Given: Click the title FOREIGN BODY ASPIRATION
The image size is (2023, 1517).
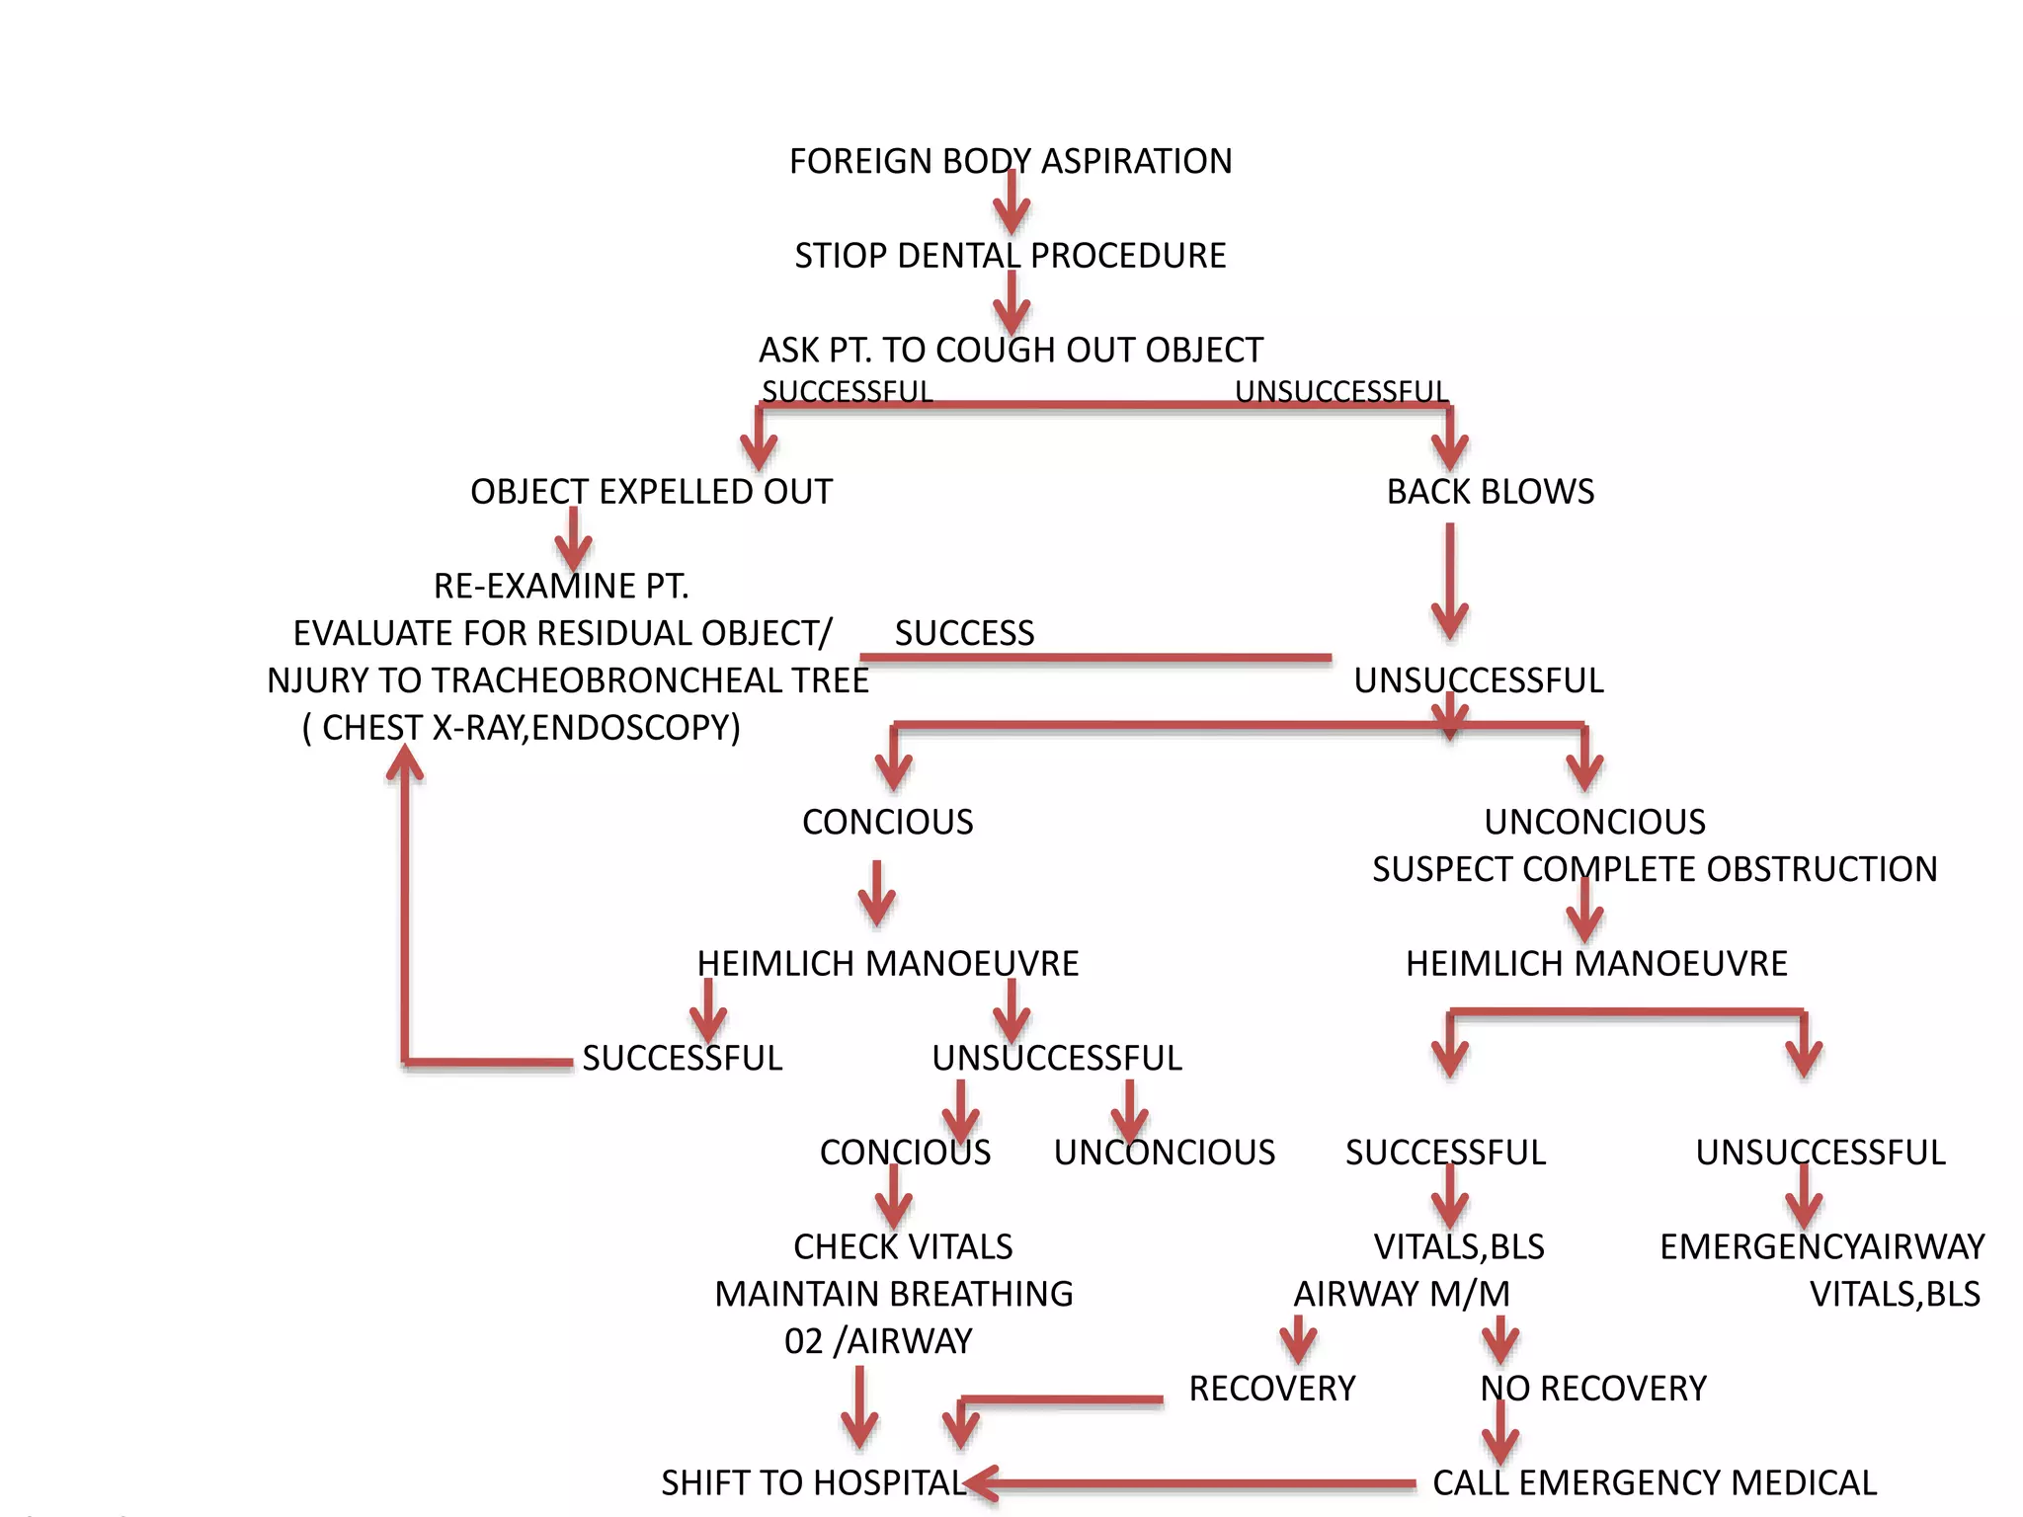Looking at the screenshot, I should pos(1010,161).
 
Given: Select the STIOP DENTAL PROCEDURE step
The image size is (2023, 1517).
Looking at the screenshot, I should pos(1010,256).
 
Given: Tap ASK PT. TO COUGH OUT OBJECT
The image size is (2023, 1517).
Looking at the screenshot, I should pos(1010,350).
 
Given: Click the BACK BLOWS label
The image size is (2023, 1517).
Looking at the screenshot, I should pos(1490,491).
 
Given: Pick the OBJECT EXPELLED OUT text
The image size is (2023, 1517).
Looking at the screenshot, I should pos(651,491).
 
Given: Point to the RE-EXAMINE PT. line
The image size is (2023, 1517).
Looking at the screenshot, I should pos(561,586).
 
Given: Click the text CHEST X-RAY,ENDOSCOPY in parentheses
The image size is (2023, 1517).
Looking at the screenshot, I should pos(522,728).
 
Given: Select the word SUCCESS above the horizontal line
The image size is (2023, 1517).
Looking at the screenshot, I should pos(964,633).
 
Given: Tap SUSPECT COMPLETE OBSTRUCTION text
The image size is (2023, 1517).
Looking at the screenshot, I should pos(1655,869).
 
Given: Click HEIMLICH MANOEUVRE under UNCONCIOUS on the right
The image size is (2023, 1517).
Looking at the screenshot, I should pos(1596,964).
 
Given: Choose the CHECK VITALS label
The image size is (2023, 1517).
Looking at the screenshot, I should pos(903,1246).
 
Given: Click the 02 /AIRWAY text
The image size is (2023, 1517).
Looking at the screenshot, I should pos(878,1341).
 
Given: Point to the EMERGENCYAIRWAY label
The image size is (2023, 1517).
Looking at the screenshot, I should pos(1821,1246).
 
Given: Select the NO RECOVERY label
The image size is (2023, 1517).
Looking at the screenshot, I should pos(1592,1389).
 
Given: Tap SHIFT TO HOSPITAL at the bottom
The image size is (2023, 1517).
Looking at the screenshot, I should pos(813,1482).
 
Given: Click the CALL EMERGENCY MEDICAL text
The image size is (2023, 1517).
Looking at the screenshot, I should pos(1655,1482).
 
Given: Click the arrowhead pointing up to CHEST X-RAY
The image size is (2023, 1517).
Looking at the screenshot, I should pos(405,763).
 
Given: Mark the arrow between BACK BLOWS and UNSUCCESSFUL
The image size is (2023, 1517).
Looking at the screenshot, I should pos(1449,583).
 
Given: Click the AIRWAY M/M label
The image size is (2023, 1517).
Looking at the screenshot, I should pos(1402,1294).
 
